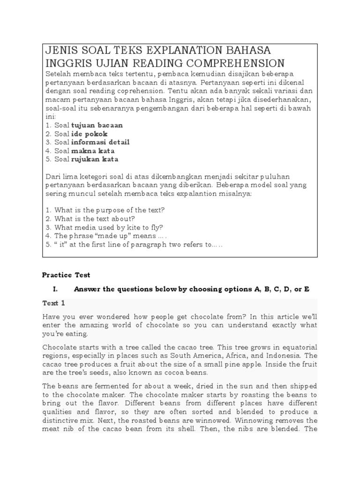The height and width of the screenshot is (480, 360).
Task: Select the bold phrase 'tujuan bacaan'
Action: coord(97,125)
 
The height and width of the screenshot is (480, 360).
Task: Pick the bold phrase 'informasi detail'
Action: coord(100,142)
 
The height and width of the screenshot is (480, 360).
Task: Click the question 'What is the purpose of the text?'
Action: coord(110,210)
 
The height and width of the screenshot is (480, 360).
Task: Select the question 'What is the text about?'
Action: coord(95,218)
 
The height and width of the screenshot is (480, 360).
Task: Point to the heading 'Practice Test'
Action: coord(66,275)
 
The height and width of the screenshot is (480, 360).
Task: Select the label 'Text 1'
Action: coord(54,303)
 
